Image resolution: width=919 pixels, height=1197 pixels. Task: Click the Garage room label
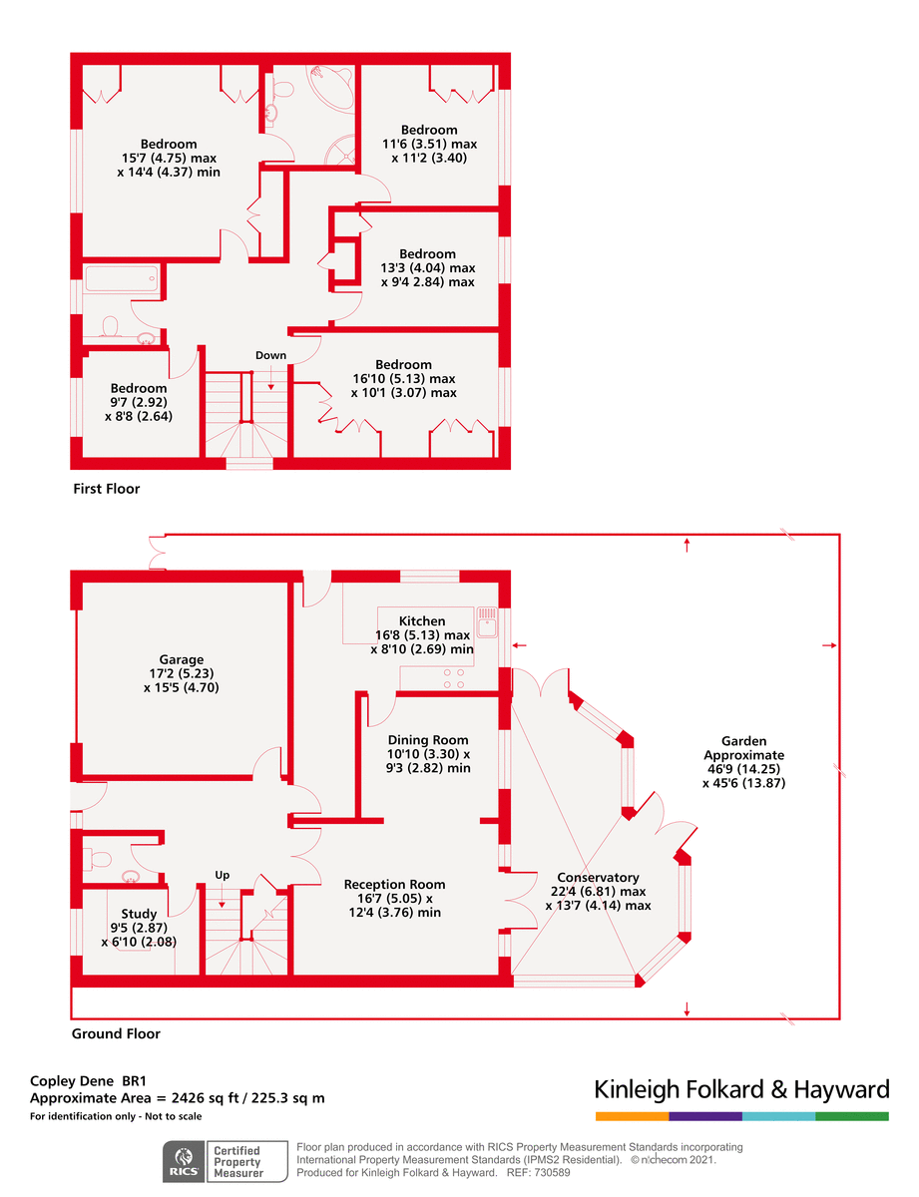(182, 659)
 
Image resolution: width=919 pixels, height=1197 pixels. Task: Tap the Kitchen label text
(422, 620)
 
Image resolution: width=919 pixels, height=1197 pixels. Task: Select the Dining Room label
(427, 740)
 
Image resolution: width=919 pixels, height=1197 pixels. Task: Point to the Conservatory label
(598, 878)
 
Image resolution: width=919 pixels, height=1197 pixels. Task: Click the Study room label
(139, 914)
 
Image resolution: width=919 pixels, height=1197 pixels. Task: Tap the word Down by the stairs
(270, 355)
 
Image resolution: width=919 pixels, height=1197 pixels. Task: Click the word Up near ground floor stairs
(223, 875)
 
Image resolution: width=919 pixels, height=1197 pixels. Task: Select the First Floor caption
(107, 489)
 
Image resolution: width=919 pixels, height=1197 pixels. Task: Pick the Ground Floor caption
(116, 1033)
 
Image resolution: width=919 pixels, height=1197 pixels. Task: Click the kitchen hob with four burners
(453, 678)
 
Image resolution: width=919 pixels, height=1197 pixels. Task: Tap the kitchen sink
(487, 622)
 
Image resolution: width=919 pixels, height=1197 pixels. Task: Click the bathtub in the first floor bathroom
(121, 278)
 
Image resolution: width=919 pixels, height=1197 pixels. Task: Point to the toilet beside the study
(98, 859)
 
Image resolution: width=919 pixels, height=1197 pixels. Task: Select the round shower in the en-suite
(339, 150)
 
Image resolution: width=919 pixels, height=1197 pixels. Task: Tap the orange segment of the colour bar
(632, 1116)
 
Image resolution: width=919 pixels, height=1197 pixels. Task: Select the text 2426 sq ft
(205, 1098)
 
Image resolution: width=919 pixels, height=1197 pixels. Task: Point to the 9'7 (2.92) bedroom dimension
(139, 402)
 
